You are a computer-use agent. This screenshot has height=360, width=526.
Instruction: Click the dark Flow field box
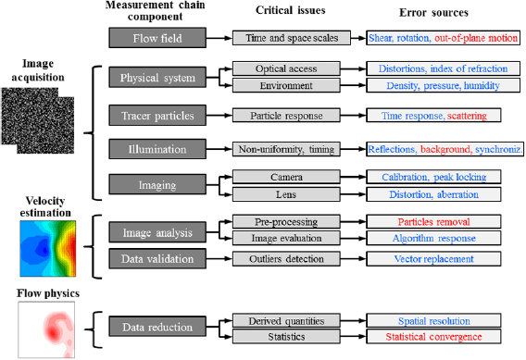pos(156,39)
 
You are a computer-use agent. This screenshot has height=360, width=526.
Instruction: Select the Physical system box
pos(156,78)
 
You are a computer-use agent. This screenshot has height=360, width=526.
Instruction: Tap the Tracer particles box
pos(156,116)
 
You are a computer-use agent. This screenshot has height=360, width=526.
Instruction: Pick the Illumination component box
pos(156,150)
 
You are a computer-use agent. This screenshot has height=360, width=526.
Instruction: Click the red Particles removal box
pos(434,223)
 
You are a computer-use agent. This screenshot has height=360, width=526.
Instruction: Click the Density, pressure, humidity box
pos(434,85)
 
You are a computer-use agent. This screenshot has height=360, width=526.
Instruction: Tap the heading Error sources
pos(434,14)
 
